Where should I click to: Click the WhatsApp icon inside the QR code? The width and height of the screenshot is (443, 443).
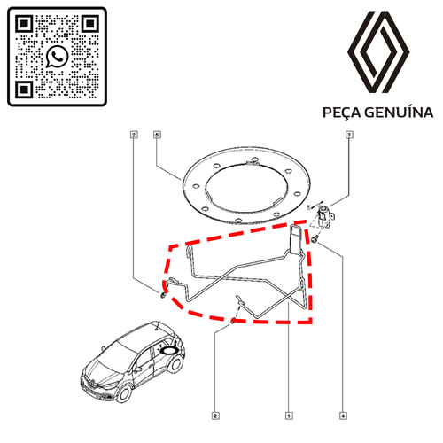57,57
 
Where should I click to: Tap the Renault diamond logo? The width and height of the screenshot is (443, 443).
378,52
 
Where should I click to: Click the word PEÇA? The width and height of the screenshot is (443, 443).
342,113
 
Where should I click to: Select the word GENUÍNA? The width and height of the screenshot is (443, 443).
399,113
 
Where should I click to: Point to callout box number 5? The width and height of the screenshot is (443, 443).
157,135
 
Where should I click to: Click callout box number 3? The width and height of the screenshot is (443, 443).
349,135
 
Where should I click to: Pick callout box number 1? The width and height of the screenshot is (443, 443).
289,416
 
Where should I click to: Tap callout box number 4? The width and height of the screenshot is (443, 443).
343,416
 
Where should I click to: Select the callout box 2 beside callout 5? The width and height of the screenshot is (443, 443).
134,135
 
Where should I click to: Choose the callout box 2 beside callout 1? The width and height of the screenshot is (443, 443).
215,416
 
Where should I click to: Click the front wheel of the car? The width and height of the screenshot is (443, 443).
124,393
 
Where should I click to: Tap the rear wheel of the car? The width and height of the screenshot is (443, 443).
175,363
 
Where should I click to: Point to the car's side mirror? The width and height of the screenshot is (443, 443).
137,369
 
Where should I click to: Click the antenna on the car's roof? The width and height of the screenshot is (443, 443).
158,326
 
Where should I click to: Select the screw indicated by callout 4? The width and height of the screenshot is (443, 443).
315,239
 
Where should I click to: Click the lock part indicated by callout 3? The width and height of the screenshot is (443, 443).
324,215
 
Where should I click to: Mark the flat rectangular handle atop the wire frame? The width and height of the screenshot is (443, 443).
296,239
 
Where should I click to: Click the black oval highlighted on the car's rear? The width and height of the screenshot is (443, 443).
169,351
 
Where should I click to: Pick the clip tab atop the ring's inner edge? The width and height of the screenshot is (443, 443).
253,162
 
